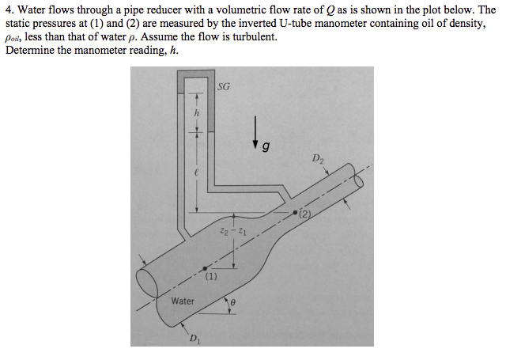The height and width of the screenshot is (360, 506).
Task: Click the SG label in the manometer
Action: point(224,87)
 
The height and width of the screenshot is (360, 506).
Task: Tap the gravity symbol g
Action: point(266,146)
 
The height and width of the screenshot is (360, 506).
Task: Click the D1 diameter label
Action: point(194,339)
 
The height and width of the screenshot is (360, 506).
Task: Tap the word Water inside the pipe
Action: point(183,301)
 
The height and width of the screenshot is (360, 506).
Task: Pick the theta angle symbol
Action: point(234,301)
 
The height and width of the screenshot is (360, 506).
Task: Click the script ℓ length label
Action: point(187,171)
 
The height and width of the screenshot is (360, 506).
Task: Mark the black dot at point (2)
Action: point(294,214)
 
